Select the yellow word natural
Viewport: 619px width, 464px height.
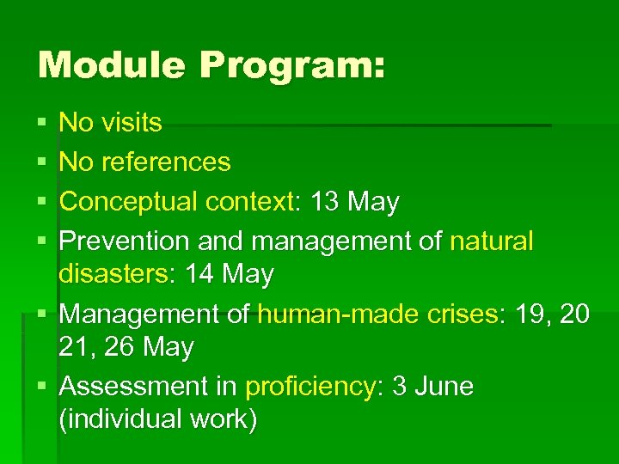coord(491,241)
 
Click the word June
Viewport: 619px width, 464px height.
coord(444,387)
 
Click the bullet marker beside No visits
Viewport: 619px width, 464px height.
coord(43,124)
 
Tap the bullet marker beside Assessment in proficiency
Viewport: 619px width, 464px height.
coord(43,388)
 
